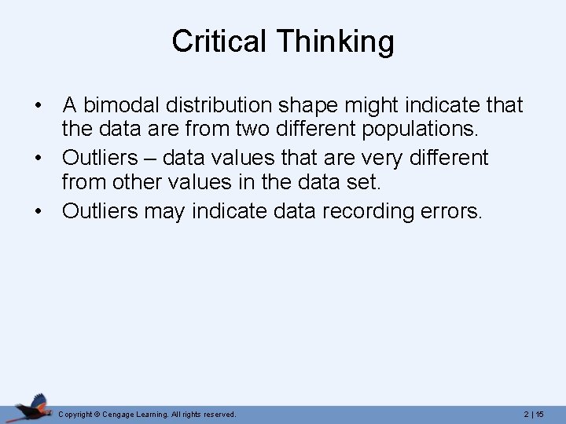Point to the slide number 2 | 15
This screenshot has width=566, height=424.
pos(534,414)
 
